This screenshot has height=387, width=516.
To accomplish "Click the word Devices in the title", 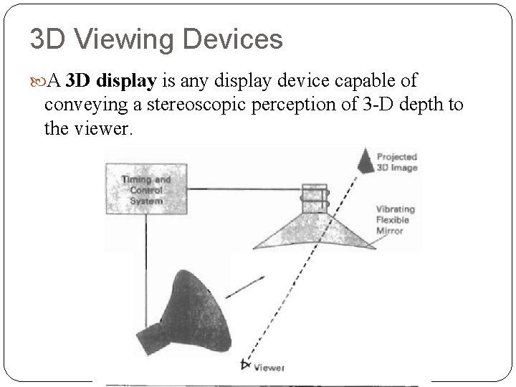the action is pyautogui.click(x=233, y=39).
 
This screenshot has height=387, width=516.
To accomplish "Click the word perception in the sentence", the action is pyautogui.click(x=285, y=105).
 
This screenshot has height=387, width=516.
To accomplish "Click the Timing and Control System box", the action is pyautogui.click(x=146, y=189).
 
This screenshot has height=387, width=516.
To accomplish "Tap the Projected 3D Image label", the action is pyautogui.click(x=396, y=162).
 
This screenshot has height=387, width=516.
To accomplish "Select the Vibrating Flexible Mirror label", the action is pyautogui.click(x=395, y=220).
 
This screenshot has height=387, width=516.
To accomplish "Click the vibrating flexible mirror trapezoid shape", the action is pyautogui.click(x=316, y=229).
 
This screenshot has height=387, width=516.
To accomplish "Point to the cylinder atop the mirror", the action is pyautogui.click(x=314, y=198).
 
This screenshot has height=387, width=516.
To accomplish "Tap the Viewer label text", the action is pyautogui.click(x=269, y=368).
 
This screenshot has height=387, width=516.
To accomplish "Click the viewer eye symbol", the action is pyautogui.click(x=247, y=365).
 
